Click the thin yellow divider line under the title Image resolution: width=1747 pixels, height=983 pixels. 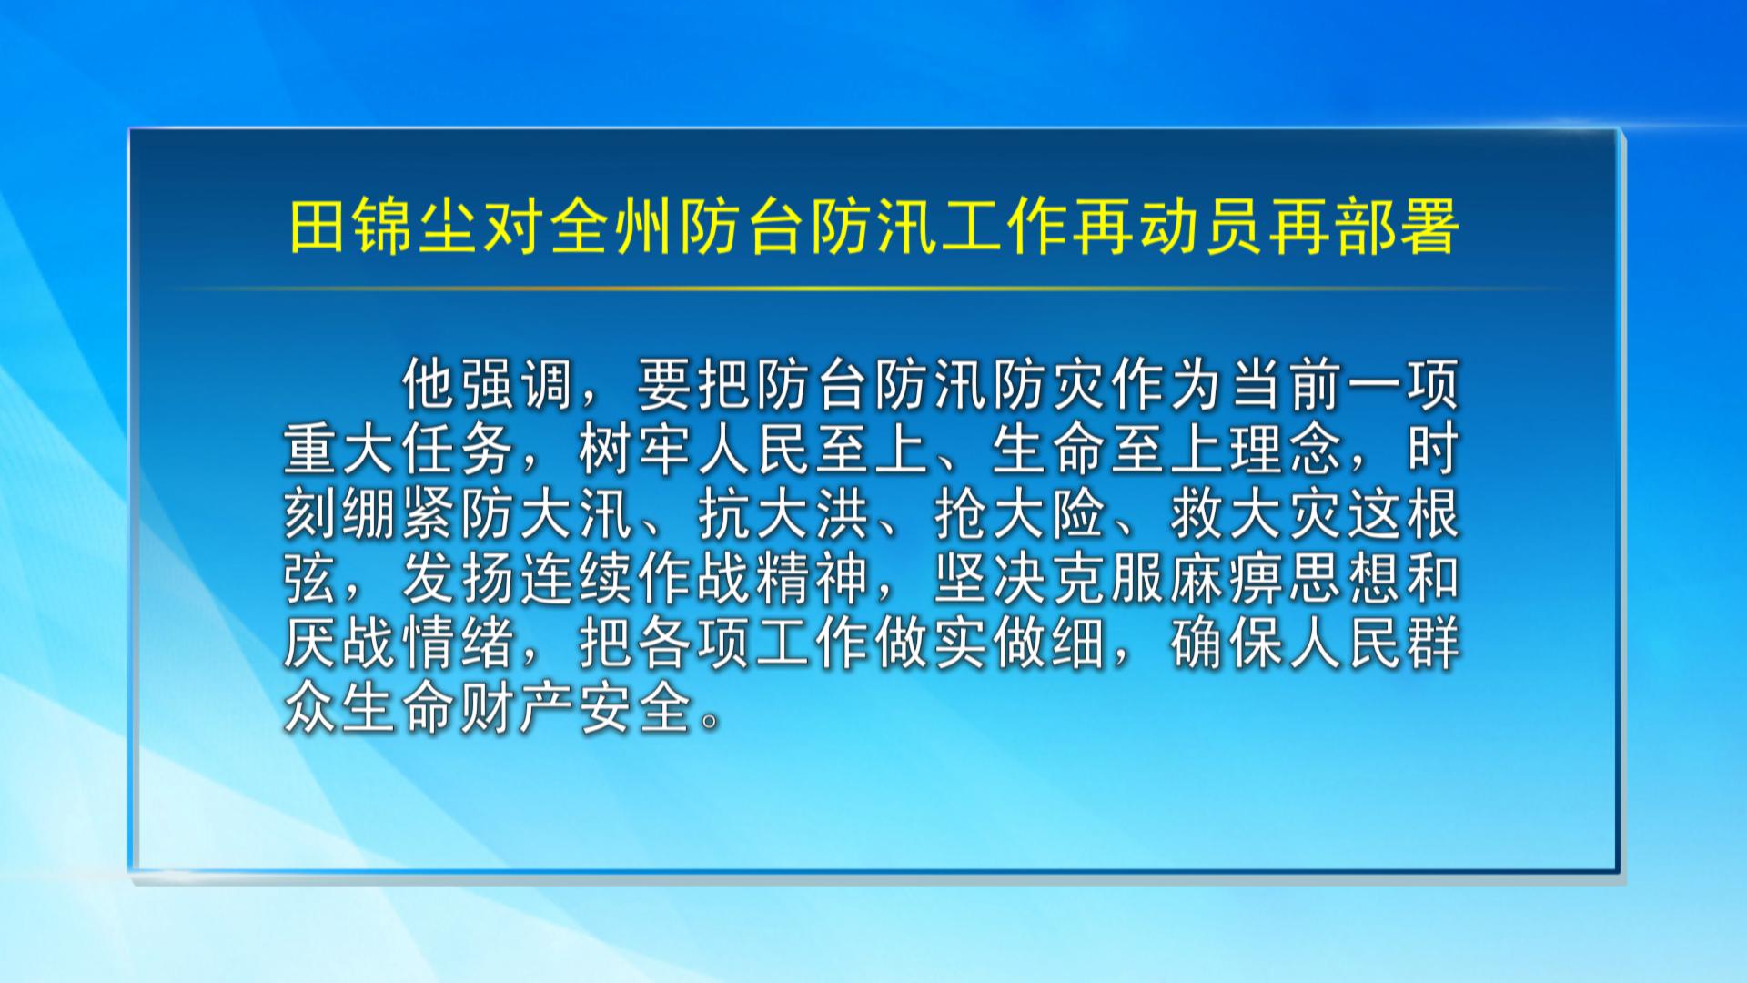click(873, 289)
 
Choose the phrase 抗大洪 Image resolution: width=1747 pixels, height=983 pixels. click(783, 515)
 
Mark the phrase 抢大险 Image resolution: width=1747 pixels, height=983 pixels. click(1018, 515)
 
